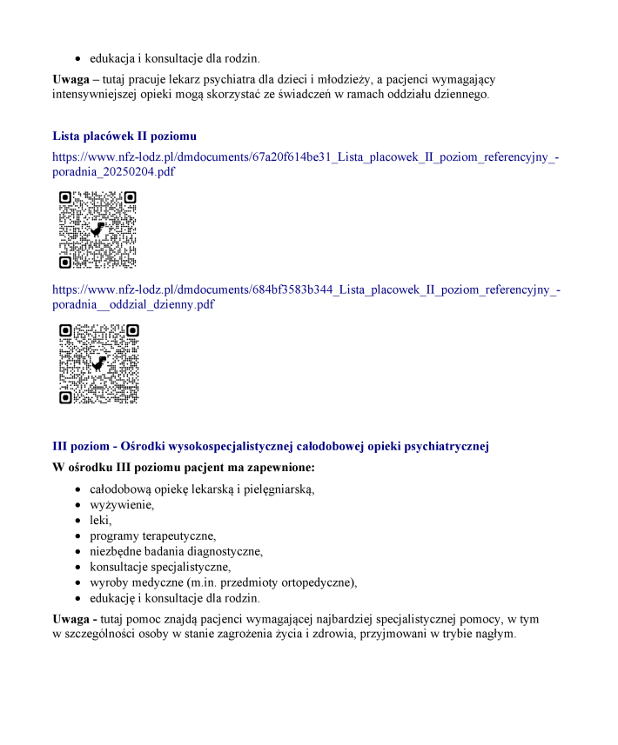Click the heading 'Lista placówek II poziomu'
[x=124, y=136]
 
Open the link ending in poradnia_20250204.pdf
[x=305, y=164]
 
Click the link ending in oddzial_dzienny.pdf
[x=305, y=296]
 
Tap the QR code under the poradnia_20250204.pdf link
[x=97, y=229]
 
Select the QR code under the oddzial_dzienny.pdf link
[x=98, y=363]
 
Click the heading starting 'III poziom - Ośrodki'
[x=271, y=446]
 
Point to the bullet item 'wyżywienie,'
[x=122, y=504]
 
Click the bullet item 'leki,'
[x=101, y=520]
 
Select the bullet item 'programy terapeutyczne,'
[x=152, y=535]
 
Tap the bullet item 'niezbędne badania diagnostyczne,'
[x=176, y=551]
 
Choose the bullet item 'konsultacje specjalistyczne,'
[x=160, y=567]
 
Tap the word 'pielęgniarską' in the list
[x=280, y=489]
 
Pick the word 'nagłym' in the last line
[x=497, y=633]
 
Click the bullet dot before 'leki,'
[x=78, y=520]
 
